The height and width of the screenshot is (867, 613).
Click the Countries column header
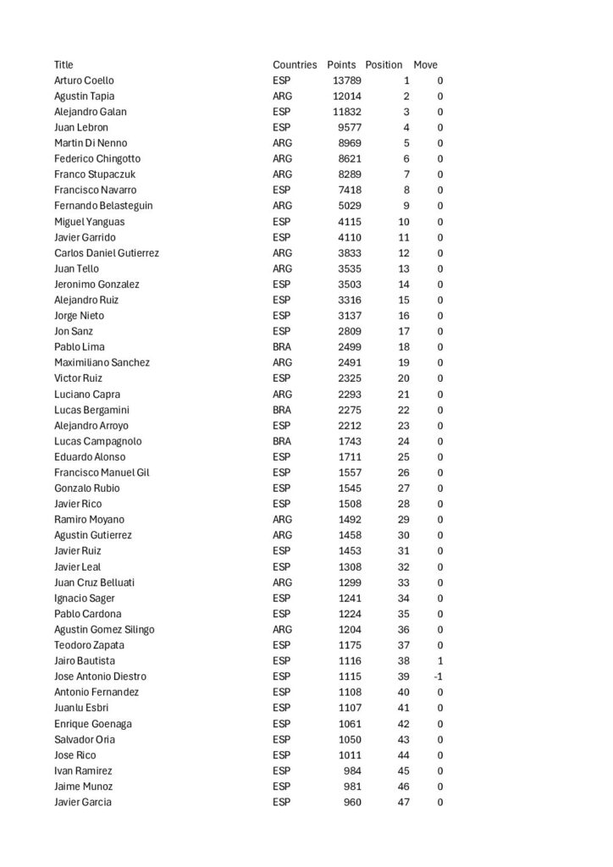pos(295,65)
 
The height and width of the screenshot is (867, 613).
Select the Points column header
pos(341,65)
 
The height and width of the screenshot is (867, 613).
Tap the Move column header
pos(425,65)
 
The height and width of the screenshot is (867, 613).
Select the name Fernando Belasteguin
pos(103,206)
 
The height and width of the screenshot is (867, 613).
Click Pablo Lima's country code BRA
pos(282,347)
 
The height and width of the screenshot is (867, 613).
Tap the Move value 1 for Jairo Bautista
pos(439,660)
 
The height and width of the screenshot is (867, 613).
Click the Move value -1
pos(438,676)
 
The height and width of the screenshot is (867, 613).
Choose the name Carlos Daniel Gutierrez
pos(107,253)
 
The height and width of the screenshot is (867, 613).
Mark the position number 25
pos(403,456)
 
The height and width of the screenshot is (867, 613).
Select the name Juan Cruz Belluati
pos(94,583)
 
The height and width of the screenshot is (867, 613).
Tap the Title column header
pos(64,65)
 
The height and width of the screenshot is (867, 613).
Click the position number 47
pos(403,802)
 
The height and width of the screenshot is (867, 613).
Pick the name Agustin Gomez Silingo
pos(104,629)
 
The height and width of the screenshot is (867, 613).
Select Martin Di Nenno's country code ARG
pos(283,143)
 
